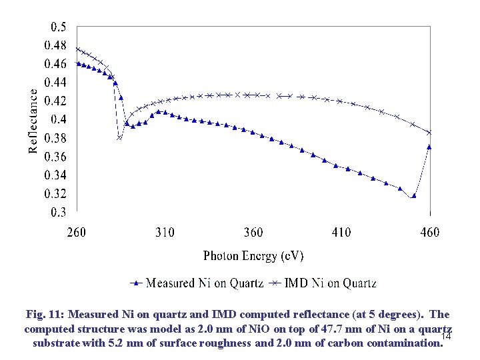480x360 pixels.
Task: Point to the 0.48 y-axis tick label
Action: point(55,45)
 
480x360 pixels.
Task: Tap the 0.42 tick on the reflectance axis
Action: point(55,101)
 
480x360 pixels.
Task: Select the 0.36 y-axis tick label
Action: point(55,157)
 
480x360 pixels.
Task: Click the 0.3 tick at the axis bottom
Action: point(59,213)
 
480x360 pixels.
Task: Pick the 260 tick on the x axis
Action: point(77,233)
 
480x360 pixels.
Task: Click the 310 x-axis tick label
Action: point(165,233)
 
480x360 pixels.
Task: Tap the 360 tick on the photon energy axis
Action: point(253,233)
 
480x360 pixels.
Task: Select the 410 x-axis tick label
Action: point(341,233)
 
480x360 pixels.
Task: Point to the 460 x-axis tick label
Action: point(430,233)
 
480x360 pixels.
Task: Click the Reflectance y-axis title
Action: point(33,121)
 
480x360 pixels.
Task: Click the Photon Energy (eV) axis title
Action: point(253,256)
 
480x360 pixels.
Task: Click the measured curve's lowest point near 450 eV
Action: point(414,196)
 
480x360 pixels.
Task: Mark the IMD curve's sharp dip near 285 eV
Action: point(120,138)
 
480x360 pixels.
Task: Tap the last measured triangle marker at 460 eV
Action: point(429,147)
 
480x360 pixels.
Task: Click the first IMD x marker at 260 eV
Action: point(77,49)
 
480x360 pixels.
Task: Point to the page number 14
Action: point(447,339)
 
